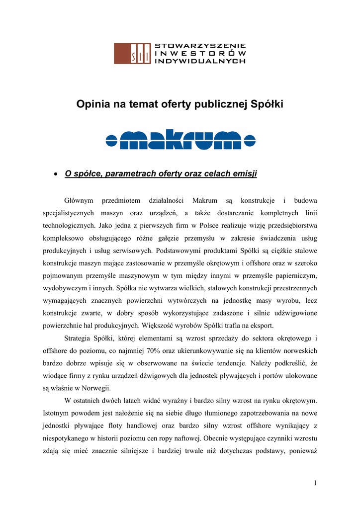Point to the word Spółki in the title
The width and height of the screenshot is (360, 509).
(x=267, y=104)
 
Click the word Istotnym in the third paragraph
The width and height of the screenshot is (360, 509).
(x=58, y=413)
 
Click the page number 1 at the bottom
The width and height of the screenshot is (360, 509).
(x=315, y=483)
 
